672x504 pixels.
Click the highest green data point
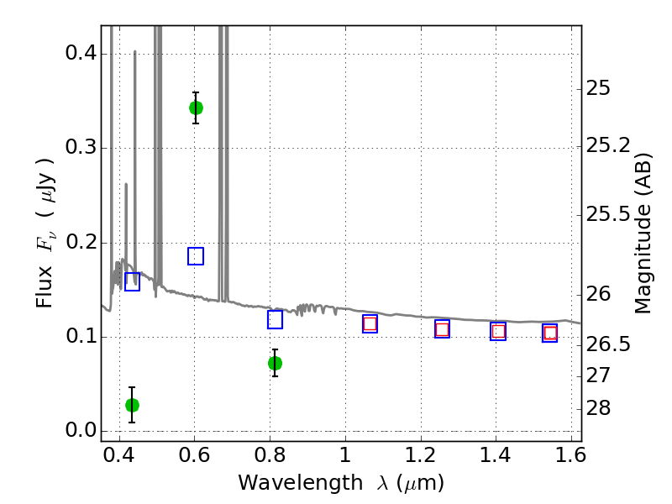[196, 108]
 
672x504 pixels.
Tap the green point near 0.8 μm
[275, 363]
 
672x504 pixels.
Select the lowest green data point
[132, 405]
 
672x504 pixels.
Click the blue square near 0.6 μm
[196, 256]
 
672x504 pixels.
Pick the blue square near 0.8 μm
[275, 319]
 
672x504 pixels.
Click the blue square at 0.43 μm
[132, 282]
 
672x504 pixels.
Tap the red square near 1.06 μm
[370, 323]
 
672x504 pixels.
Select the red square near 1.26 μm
[442, 329]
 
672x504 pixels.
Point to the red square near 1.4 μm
[498, 331]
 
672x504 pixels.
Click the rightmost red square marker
[550, 333]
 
